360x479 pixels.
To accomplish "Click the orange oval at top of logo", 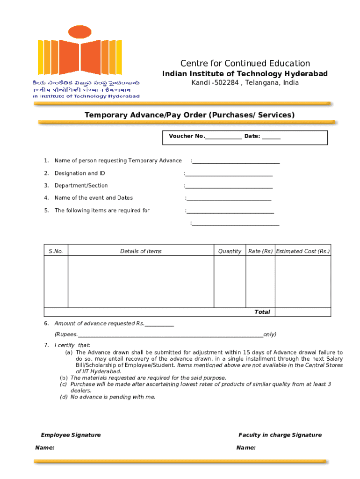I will coord(79,32).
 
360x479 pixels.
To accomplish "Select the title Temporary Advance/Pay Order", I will coord(189,115).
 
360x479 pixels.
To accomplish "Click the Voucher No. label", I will coord(187,136).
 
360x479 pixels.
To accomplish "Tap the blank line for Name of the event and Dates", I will coord(229,200).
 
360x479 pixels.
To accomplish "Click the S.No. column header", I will coord(56,251).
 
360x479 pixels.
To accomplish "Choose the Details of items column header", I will coord(141,251).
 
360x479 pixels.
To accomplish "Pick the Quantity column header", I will coord(230,251).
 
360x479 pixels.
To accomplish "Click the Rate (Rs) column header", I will coord(260,251).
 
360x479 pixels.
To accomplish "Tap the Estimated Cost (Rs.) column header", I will coord(302,251).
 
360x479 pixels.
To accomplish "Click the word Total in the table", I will coord(262,312).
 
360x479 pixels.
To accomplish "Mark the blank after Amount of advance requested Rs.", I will coord(159,325).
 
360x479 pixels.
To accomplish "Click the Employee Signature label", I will coord(71,435).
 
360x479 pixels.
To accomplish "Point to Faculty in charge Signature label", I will coord(280,435).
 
